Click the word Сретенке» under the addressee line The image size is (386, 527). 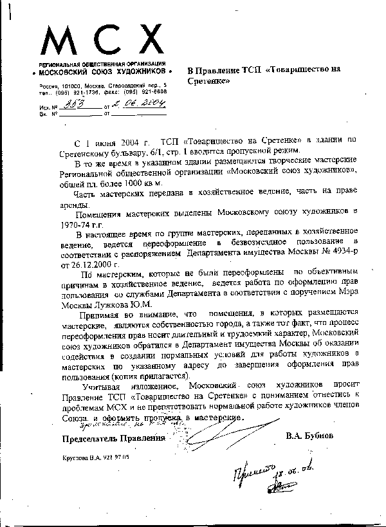(210, 83)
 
